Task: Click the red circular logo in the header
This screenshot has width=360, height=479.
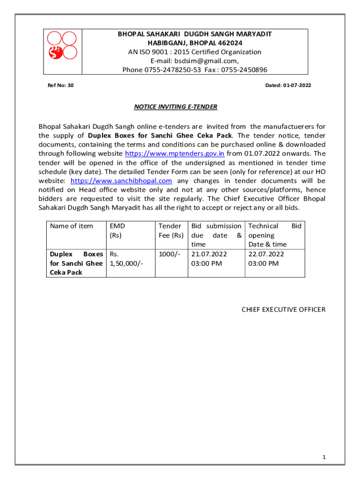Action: [63, 45]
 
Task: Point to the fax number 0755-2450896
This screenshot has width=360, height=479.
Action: [245, 70]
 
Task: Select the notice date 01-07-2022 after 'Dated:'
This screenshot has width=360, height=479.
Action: [297, 86]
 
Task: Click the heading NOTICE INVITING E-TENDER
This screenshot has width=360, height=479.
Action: [176, 107]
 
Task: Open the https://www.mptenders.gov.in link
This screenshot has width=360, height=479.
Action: [175, 153]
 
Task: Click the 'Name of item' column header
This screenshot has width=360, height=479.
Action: [72, 226]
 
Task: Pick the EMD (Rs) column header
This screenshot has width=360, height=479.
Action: [117, 231]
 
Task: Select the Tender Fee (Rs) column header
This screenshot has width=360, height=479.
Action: [171, 231]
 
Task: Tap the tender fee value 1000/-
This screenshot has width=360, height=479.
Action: [168, 254]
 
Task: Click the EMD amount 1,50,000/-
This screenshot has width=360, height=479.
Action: [125, 263]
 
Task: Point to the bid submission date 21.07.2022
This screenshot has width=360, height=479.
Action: [209, 254]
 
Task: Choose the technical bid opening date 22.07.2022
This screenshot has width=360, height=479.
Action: [266, 254]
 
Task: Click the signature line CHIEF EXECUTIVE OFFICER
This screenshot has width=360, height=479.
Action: [283, 310]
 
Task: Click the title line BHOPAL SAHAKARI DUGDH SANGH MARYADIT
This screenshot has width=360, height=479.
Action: [194, 34]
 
